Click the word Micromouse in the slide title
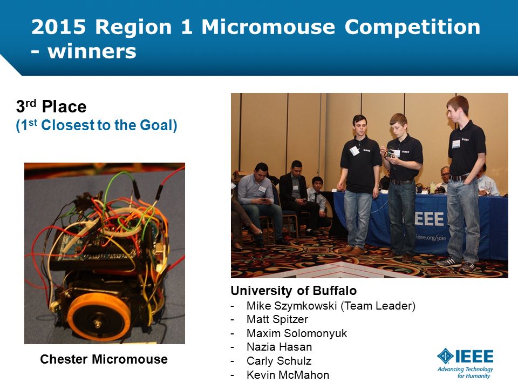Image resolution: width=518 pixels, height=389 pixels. [x=268, y=26]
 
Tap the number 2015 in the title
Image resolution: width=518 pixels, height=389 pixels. [x=59, y=26]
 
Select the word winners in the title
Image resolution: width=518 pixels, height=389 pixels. [x=92, y=52]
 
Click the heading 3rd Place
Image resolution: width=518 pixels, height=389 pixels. [x=51, y=106]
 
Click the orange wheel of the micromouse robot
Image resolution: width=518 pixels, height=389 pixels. [x=99, y=317]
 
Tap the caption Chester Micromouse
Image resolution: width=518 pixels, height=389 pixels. [x=104, y=359]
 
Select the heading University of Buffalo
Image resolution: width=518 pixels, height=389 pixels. [x=294, y=291]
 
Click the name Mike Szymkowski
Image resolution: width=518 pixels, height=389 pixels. [x=292, y=306]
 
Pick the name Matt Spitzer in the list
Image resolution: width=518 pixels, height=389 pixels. [x=277, y=319]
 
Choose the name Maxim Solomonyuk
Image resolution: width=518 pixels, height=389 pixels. [x=297, y=333]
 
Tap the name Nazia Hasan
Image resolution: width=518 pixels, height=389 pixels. [x=279, y=347]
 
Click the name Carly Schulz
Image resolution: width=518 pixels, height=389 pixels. [x=279, y=361]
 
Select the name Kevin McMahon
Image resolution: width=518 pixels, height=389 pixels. [x=288, y=375]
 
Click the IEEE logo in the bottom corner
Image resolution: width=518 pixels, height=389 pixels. [x=465, y=356]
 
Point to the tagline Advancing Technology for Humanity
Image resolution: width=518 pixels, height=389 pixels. [x=465, y=372]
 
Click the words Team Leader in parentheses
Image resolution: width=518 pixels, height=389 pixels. [x=378, y=306]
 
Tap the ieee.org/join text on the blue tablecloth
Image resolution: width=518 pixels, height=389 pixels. [x=431, y=237]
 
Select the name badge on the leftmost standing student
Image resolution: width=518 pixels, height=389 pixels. [x=355, y=151]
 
